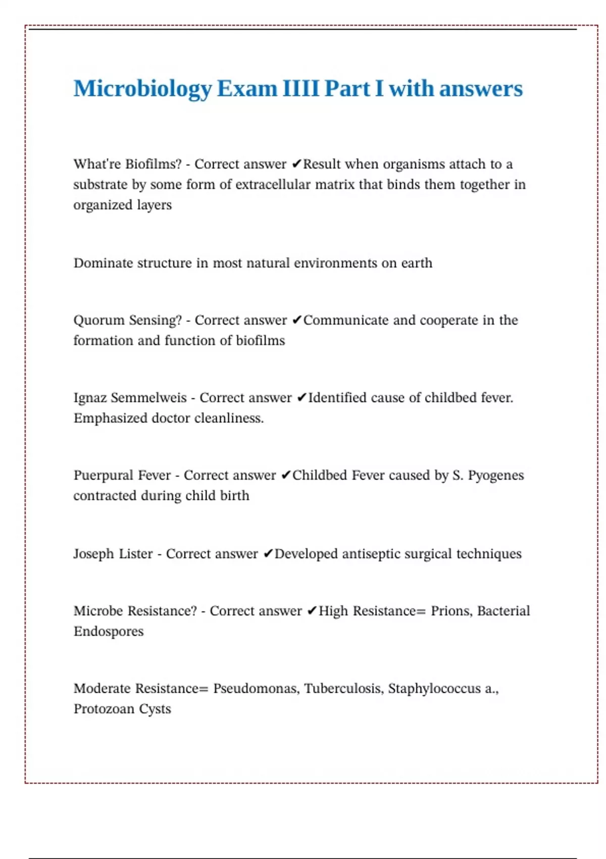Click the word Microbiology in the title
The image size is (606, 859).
(142, 89)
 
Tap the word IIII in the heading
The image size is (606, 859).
(300, 88)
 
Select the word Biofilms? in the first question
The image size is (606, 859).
(153, 164)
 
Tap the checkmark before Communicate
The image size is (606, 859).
(297, 320)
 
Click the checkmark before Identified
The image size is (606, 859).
(302, 398)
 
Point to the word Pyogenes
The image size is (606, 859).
(495, 475)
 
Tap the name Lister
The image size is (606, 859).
(135, 554)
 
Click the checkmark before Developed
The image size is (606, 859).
(268, 554)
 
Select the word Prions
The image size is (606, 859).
(451, 611)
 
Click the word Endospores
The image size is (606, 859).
(109, 632)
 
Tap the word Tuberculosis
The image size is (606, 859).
(343, 689)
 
